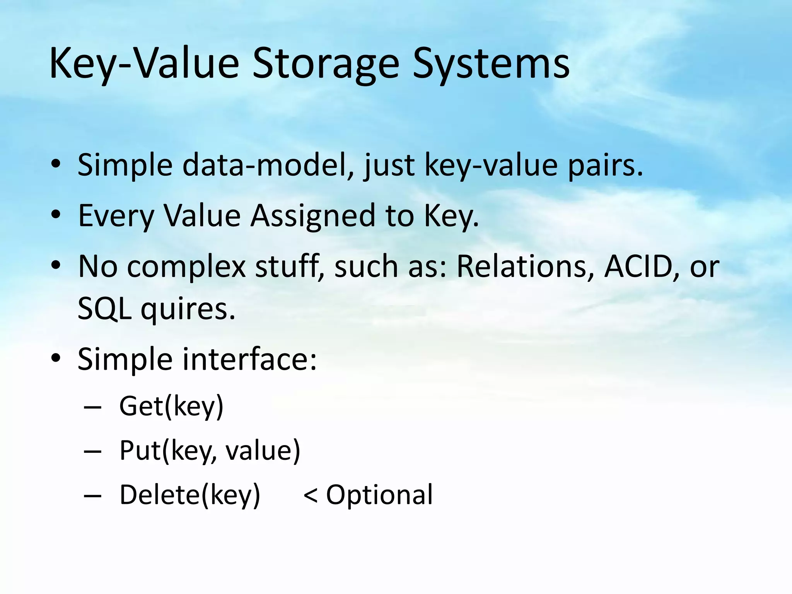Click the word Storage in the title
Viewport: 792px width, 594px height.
click(x=325, y=64)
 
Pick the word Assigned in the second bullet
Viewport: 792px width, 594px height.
click(x=312, y=216)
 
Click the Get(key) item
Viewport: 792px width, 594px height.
click(x=171, y=406)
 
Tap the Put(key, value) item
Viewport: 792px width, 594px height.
click(x=210, y=451)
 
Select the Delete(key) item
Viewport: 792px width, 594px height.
click(x=189, y=495)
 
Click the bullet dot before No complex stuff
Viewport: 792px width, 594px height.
click(x=56, y=266)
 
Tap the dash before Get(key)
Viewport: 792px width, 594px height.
click(x=92, y=408)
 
